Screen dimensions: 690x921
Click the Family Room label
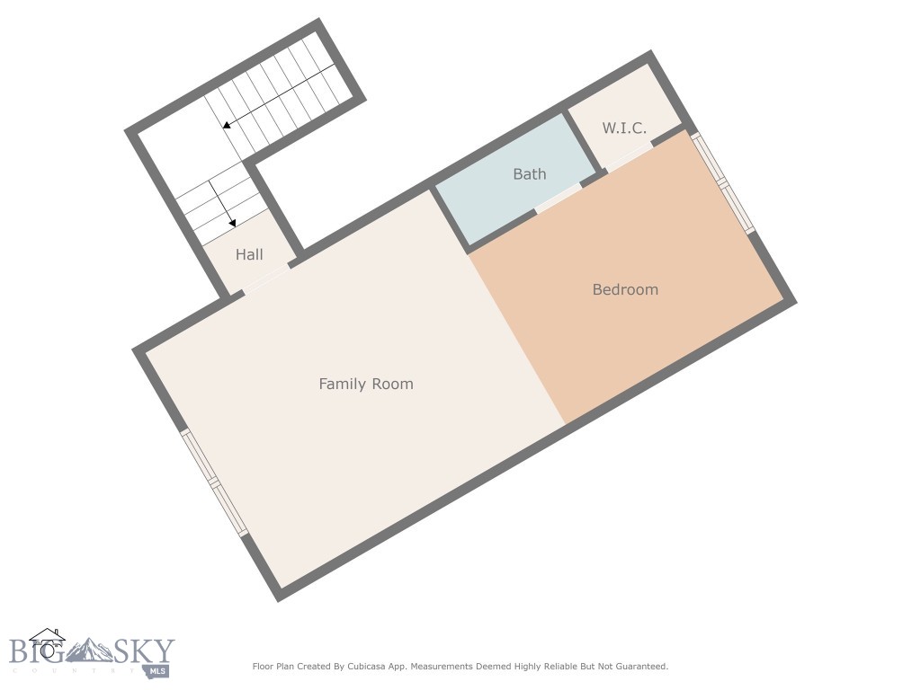click(366, 384)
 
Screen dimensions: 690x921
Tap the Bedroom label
click(625, 289)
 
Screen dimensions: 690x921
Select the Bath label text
click(529, 174)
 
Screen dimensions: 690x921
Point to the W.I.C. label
click(624, 128)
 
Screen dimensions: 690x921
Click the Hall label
click(249, 254)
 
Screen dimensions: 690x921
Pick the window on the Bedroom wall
click(723, 183)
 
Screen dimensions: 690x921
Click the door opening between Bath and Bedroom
click(559, 198)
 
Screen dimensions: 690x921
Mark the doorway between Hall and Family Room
click(266, 278)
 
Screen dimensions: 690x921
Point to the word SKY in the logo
click(144, 651)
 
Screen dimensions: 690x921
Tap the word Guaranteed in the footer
click(639, 667)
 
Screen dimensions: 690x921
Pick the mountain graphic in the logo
click(90, 650)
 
